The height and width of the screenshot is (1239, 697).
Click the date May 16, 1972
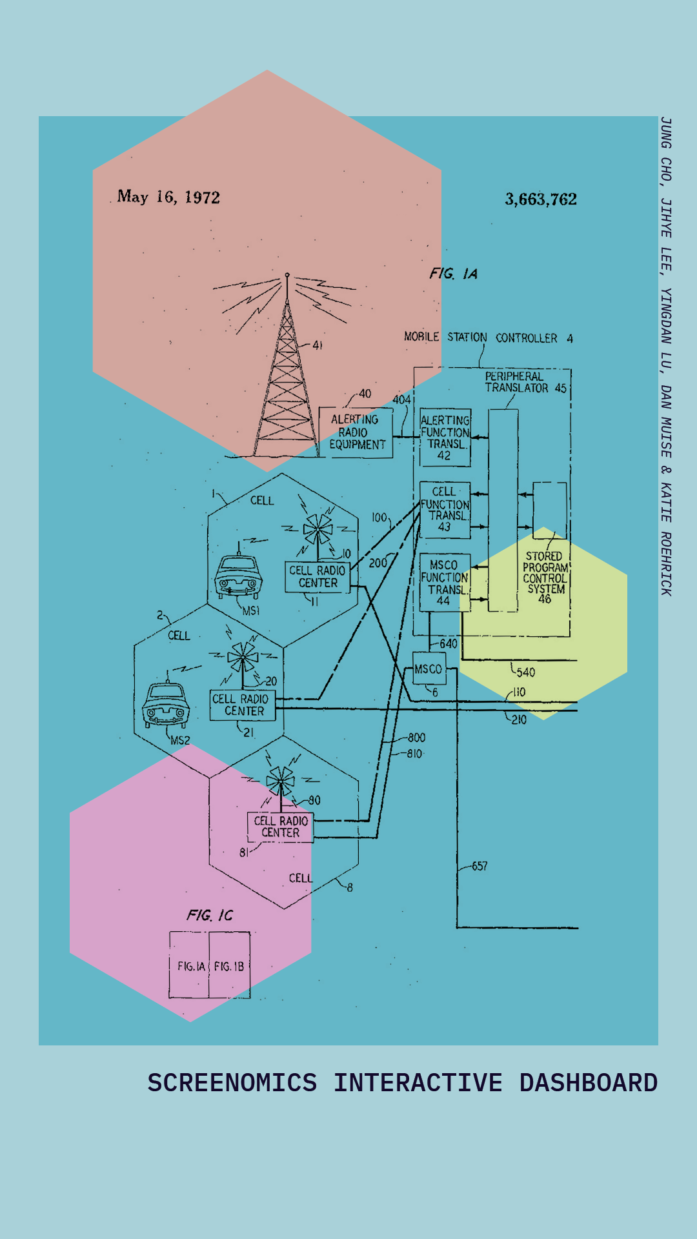click(x=168, y=197)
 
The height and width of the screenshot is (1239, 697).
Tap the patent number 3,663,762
click(x=541, y=199)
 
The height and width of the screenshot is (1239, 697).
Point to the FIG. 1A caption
click(x=454, y=274)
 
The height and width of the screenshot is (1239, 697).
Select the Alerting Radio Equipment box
click(x=356, y=432)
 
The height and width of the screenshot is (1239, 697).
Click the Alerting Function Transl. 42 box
click(x=445, y=438)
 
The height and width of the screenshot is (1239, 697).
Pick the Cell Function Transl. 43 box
click(x=445, y=510)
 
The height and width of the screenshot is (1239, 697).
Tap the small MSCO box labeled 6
click(x=429, y=669)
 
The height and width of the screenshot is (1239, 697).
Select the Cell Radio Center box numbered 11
click(x=317, y=577)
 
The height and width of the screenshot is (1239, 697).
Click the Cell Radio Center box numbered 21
click(x=242, y=705)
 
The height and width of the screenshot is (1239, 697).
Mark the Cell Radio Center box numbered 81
click(x=280, y=827)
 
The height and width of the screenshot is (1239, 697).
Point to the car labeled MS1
click(x=238, y=576)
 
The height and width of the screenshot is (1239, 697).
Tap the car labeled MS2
click(x=166, y=704)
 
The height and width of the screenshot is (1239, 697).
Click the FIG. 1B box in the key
click(x=229, y=966)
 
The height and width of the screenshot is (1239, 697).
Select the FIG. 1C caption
click(x=210, y=915)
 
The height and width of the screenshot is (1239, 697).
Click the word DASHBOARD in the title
click(x=588, y=1083)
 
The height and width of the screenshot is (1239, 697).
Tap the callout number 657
click(x=480, y=866)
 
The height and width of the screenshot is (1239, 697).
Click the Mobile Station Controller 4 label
click(x=488, y=337)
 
